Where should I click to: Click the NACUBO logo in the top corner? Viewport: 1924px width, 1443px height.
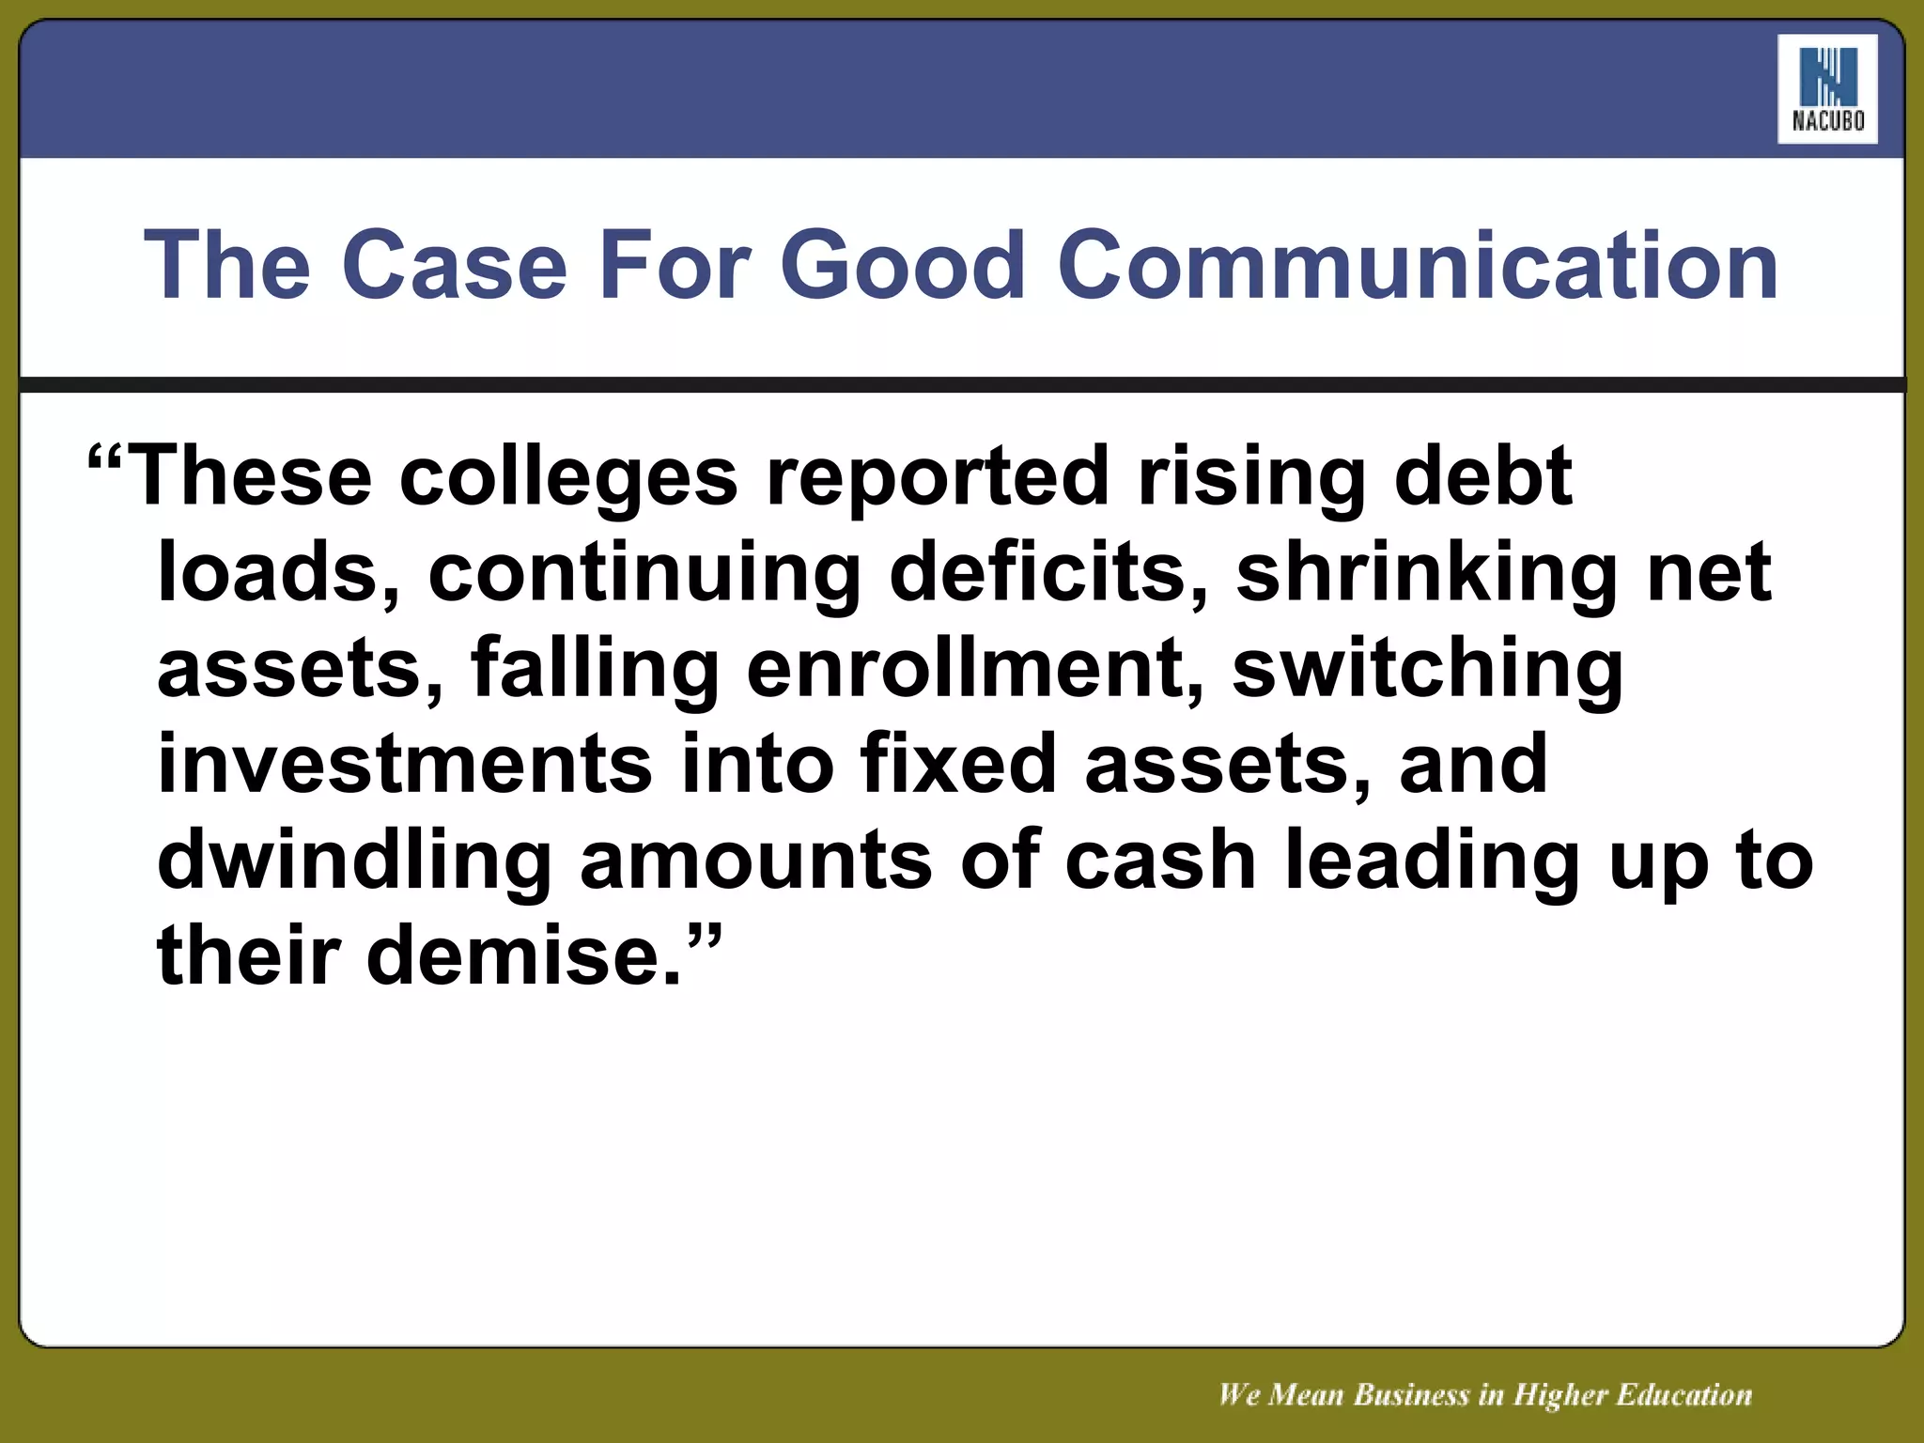(x=1826, y=89)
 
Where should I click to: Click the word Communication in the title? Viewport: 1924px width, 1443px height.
(x=1418, y=266)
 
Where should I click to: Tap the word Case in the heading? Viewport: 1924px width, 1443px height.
(x=460, y=266)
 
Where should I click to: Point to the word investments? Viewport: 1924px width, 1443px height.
(x=405, y=765)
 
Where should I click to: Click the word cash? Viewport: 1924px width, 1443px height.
(x=1160, y=861)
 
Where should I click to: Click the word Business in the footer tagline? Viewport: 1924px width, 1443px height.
(x=1410, y=1395)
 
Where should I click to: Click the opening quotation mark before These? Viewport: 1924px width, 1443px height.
(x=104, y=460)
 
